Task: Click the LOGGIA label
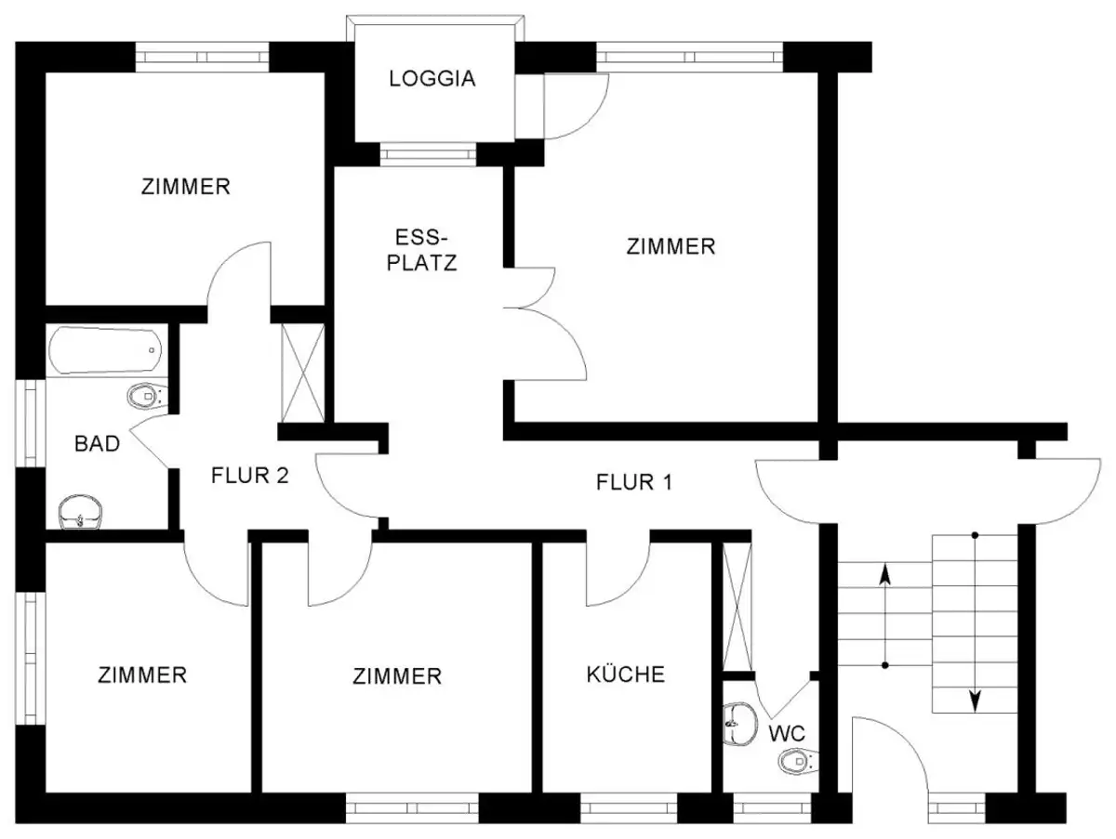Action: [x=432, y=79]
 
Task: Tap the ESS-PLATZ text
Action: [x=421, y=250]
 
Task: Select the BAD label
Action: [x=97, y=443]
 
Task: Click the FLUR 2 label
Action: [x=249, y=476]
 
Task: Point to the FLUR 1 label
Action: [x=634, y=482]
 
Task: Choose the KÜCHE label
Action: [x=625, y=674]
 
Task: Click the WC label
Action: [x=787, y=734]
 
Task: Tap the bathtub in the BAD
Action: [x=105, y=350]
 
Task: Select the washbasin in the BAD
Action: [x=81, y=512]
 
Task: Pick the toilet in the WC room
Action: [x=798, y=761]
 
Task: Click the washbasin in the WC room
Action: [x=740, y=724]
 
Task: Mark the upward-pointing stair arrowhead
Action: [x=885, y=574]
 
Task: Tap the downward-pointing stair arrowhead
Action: [x=975, y=701]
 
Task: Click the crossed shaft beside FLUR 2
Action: [x=303, y=374]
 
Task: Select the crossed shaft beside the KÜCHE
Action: [x=737, y=607]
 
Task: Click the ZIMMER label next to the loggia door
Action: [x=671, y=247]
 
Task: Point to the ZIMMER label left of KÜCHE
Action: [x=397, y=676]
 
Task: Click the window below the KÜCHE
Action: [x=629, y=808]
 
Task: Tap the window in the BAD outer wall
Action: [x=31, y=423]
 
